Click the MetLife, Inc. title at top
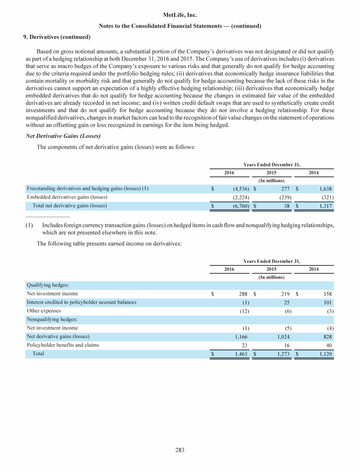point(180,15)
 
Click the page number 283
point(180,450)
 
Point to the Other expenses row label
point(44,311)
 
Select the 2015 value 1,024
point(282,336)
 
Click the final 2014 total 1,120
point(324,354)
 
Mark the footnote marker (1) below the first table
point(29,225)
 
